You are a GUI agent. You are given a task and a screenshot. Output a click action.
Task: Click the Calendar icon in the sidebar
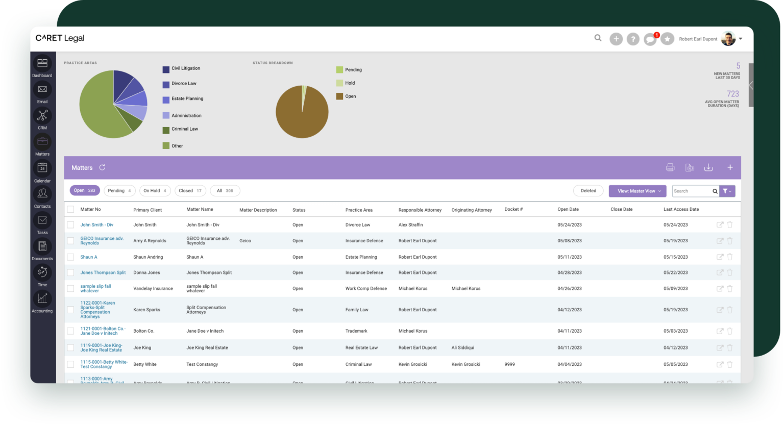pyautogui.click(x=42, y=168)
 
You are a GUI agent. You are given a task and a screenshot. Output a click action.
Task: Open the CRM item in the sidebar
pyautogui.click(x=42, y=116)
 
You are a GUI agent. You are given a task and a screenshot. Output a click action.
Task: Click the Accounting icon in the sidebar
pyautogui.click(x=42, y=298)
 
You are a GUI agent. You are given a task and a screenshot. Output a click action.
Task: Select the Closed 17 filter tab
pyautogui.click(x=190, y=191)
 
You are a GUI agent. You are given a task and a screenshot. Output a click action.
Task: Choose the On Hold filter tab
pyautogui.click(x=155, y=191)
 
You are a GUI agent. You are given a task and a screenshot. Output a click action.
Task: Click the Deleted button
pyautogui.click(x=588, y=191)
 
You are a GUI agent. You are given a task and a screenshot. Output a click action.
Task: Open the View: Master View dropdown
pyautogui.click(x=637, y=191)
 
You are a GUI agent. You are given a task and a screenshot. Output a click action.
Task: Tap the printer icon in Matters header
pyautogui.click(x=670, y=167)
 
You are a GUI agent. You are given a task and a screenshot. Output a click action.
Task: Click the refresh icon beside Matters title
pyautogui.click(x=102, y=167)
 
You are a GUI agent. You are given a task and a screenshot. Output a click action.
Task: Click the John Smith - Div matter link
pyautogui.click(x=96, y=225)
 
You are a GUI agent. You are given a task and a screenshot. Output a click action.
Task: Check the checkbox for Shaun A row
pyautogui.click(x=70, y=257)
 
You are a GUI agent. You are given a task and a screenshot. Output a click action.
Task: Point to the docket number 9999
pyautogui.click(x=509, y=364)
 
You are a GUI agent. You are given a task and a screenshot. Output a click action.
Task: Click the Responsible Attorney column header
pyautogui.click(x=420, y=210)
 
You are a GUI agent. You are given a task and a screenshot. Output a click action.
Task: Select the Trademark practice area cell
pyautogui.click(x=356, y=331)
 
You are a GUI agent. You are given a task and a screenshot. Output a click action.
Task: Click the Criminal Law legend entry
pyautogui.click(x=184, y=129)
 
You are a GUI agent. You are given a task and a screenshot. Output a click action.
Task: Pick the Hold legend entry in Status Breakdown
pyautogui.click(x=350, y=83)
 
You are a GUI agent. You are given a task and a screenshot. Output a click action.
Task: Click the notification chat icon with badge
pyautogui.click(x=650, y=39)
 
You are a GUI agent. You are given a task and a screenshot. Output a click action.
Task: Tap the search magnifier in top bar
pyautogui.click(x=598, y=38)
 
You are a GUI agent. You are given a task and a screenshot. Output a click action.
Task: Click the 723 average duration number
pyautogui.click(x=732, y=94)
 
